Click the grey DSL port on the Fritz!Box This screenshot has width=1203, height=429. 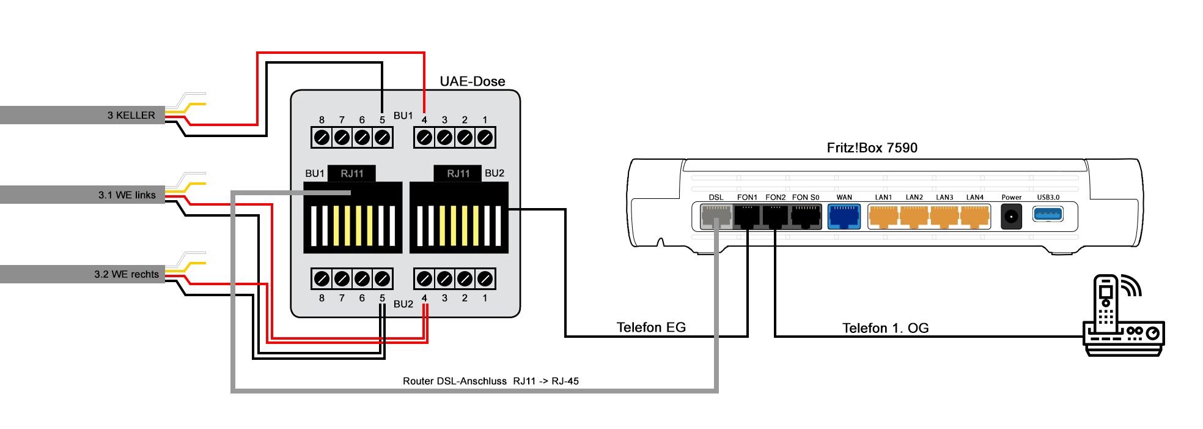(716, 216)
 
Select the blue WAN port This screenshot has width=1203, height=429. (844, 216)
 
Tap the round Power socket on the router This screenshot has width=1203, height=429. (1011, 217)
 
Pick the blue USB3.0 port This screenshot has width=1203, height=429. (1048, 214)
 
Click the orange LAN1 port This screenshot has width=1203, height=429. (883, 216)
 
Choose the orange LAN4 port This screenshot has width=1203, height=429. (974, 216)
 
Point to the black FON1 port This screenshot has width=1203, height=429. (747, 216)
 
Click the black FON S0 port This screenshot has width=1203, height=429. (806, 216)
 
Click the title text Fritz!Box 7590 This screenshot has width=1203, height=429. (872, 147)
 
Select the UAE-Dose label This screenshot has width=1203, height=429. (473, 81)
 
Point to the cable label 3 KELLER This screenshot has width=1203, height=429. (131, 115)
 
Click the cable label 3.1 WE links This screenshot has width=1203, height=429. (127, 195)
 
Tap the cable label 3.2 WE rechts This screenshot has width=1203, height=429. (127, 274)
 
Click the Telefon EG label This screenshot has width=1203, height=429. (651, 327)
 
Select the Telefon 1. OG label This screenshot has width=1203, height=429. (885, 328)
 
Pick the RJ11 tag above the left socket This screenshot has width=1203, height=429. (352, 173)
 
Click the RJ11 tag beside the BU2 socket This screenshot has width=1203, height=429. (458, 173)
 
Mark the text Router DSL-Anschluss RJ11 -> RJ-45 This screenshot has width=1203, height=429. (490, 381)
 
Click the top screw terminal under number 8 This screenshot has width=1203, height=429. (322, 138)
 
